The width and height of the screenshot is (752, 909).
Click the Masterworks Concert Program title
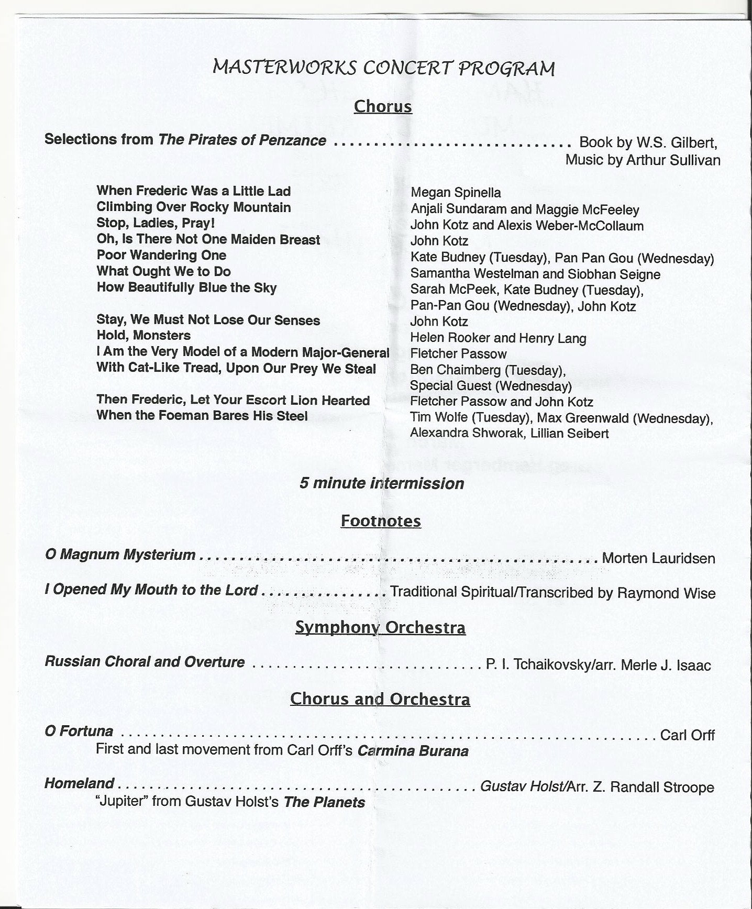[383, 68]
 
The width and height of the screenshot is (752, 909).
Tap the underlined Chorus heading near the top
[383, 106]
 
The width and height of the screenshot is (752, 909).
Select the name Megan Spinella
[456, 193]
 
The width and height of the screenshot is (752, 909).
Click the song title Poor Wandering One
[161, 255]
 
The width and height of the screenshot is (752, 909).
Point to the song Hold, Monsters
[143, 335]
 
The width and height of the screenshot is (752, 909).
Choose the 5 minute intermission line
[381, 483]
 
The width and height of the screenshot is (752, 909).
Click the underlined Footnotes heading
[381, 521]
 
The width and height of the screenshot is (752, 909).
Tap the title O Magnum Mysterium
[120, 555]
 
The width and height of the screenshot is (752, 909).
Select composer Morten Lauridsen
[658, 558]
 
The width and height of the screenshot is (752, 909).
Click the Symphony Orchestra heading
[380, 627]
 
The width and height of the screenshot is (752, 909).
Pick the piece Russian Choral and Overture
[145, 662]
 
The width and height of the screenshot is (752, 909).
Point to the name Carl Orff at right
[687, 735]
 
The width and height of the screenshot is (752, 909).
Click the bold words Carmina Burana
[413, 751]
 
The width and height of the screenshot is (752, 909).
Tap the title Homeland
[79, 783]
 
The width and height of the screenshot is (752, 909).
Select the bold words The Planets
[324, 802]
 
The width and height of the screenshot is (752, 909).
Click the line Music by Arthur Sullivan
[643, 160]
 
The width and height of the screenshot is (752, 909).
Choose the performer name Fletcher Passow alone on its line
[458, 354]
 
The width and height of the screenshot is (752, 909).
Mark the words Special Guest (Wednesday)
[491, 386]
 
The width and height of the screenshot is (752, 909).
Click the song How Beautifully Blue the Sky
[186, 287]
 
